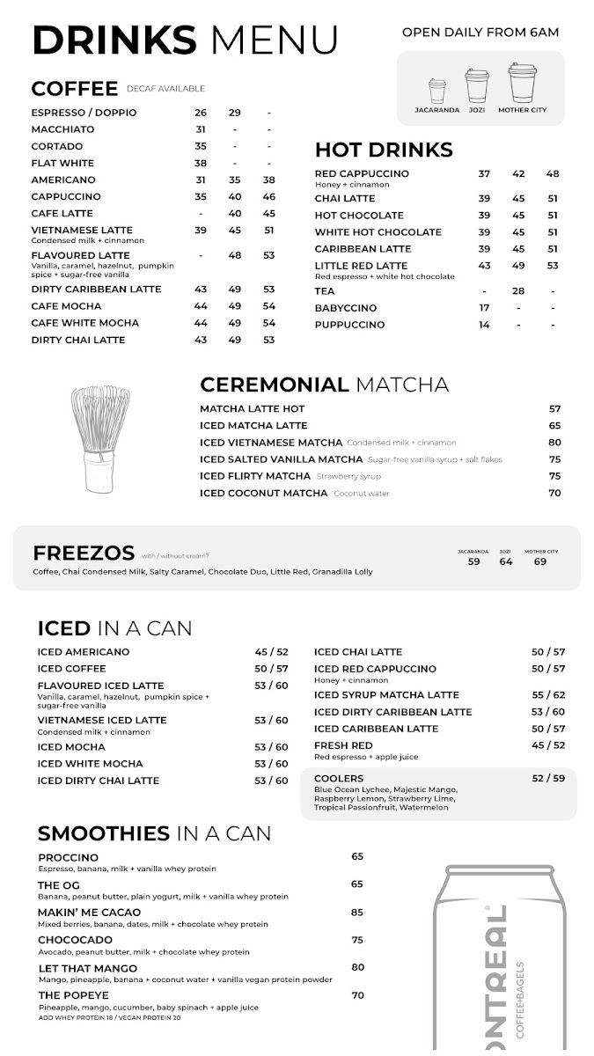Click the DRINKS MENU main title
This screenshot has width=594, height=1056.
[x=185, y=40]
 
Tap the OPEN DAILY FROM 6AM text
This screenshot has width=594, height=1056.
[x=480, y=33]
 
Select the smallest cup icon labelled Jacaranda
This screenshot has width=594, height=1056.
[x=437, y=92]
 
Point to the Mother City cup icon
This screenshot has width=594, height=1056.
[x=522, y=84]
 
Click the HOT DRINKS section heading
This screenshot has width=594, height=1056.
[x=384, y=150]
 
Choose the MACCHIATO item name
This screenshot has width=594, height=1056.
[x=62, y=129]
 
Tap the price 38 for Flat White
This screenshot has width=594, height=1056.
[x=201, y=163]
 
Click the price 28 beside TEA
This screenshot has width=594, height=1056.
[x=518, y=291]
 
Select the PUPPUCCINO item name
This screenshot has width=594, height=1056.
[x=349, y=325]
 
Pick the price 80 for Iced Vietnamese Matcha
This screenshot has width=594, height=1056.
[x=554, y=443]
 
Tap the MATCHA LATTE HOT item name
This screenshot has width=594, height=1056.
[x=253, y=409]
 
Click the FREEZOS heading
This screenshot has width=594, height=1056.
[x=84, y=554]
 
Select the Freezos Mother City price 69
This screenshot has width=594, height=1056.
[x=540, y=561]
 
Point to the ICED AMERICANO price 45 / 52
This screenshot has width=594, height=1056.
[x=271, y=652]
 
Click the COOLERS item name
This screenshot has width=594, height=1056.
[x=339, y=779]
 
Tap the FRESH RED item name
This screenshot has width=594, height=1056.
[x=343, y=745]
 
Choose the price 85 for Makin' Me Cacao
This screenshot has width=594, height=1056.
[x=357, y=913]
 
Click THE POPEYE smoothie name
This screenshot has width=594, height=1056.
[x=73, y=995]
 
